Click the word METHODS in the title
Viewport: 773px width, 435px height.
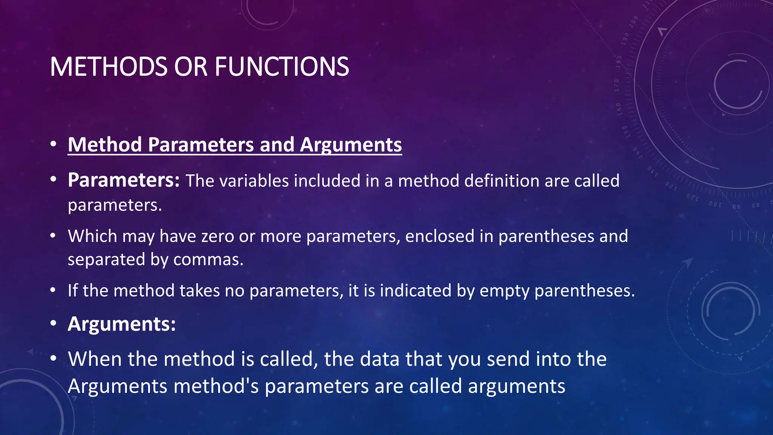108,67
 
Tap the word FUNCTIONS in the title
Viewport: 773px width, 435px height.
282,67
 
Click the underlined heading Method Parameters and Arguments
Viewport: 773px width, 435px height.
235,145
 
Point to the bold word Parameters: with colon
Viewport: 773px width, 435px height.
124,180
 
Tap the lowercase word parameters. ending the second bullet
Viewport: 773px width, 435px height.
115,205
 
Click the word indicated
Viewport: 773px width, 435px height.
415,291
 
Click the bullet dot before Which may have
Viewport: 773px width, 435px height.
53,236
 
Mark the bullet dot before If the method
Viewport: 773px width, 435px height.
53,291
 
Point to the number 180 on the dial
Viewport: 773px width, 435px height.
618,62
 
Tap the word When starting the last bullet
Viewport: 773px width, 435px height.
95,359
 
